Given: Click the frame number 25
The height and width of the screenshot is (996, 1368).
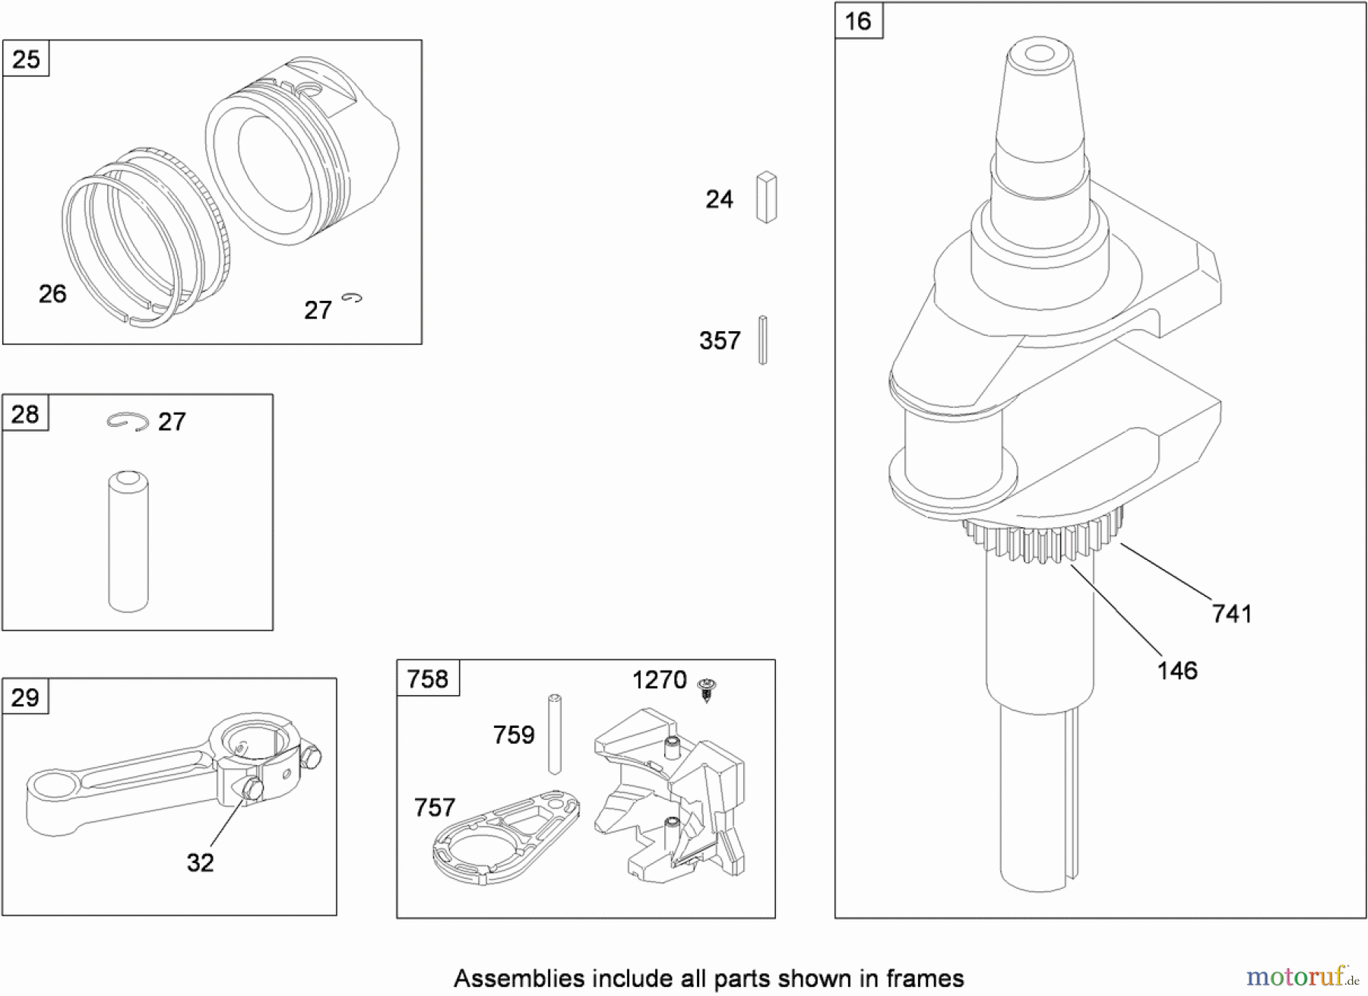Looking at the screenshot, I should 27,59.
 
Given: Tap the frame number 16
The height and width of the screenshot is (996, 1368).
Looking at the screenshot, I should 858,21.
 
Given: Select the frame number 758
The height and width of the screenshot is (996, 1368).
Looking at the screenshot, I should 428,678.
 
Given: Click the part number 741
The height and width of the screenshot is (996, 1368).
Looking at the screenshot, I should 1232,614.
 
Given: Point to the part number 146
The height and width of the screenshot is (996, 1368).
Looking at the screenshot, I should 1177,671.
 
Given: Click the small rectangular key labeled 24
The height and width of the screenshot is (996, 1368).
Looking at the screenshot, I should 766,198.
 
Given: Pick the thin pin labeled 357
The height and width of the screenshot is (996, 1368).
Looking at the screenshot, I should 763,340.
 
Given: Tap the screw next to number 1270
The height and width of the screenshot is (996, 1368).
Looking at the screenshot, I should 708,689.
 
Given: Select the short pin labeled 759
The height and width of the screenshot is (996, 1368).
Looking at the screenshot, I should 555,734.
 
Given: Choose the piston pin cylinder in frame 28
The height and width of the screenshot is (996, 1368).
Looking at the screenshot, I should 128,541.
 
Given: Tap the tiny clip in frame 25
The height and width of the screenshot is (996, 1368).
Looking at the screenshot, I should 352,299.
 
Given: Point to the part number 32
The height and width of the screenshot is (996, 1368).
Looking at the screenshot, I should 201,862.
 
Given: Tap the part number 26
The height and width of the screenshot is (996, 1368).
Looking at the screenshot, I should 52,294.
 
